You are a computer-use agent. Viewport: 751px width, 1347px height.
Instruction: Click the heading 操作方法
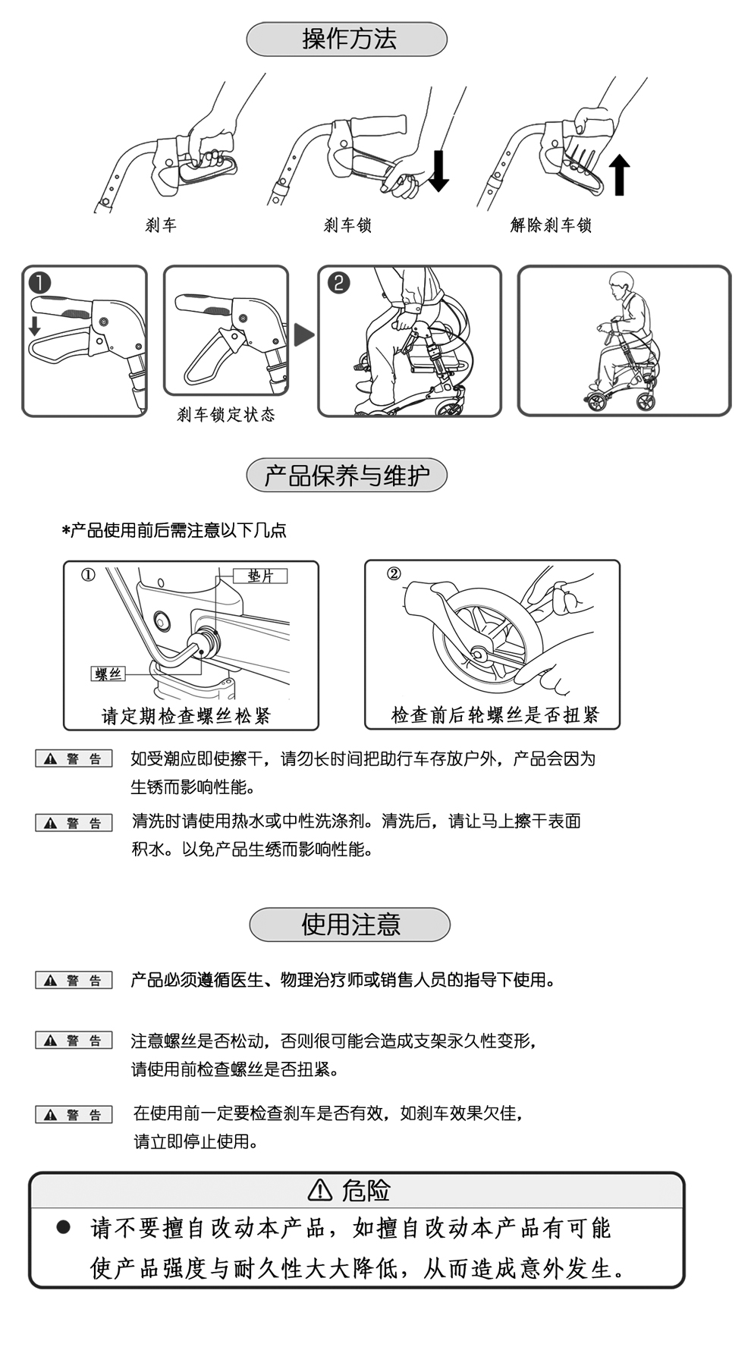click(347, 39)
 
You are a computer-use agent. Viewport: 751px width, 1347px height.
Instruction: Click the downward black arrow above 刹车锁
click(438, 171)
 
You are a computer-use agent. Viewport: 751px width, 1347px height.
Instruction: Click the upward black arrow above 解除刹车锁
click(620, 174)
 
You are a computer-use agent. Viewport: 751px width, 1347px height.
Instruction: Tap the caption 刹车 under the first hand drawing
click(161, 225)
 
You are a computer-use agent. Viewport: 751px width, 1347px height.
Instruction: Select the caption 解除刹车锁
click(551, 225)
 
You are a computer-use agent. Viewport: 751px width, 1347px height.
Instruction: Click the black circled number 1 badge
click(39, 283)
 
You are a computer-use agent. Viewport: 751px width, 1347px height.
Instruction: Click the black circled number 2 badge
click(338, 283)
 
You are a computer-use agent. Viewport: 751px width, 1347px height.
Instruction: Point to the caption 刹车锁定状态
click(225, 415)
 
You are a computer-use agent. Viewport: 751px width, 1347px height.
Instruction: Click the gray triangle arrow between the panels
click(303, 334)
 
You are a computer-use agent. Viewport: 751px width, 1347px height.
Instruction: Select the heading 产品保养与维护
click(347, 476)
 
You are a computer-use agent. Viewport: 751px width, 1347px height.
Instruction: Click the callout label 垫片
click(260, 576)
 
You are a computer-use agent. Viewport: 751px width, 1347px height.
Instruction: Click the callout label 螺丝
click(107, 673)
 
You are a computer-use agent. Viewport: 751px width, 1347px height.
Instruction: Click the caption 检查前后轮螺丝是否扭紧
click(495, 714)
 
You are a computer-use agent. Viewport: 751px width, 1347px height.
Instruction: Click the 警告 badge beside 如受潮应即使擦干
click(74, 758)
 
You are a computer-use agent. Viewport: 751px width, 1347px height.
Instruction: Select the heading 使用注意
click(350, 924)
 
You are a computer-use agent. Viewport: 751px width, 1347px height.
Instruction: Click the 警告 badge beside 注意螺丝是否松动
click(74, 1040)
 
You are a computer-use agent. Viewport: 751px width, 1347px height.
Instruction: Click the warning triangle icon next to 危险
click(320, 1190)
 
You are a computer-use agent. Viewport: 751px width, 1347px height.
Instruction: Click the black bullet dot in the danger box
click(64, 1226)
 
